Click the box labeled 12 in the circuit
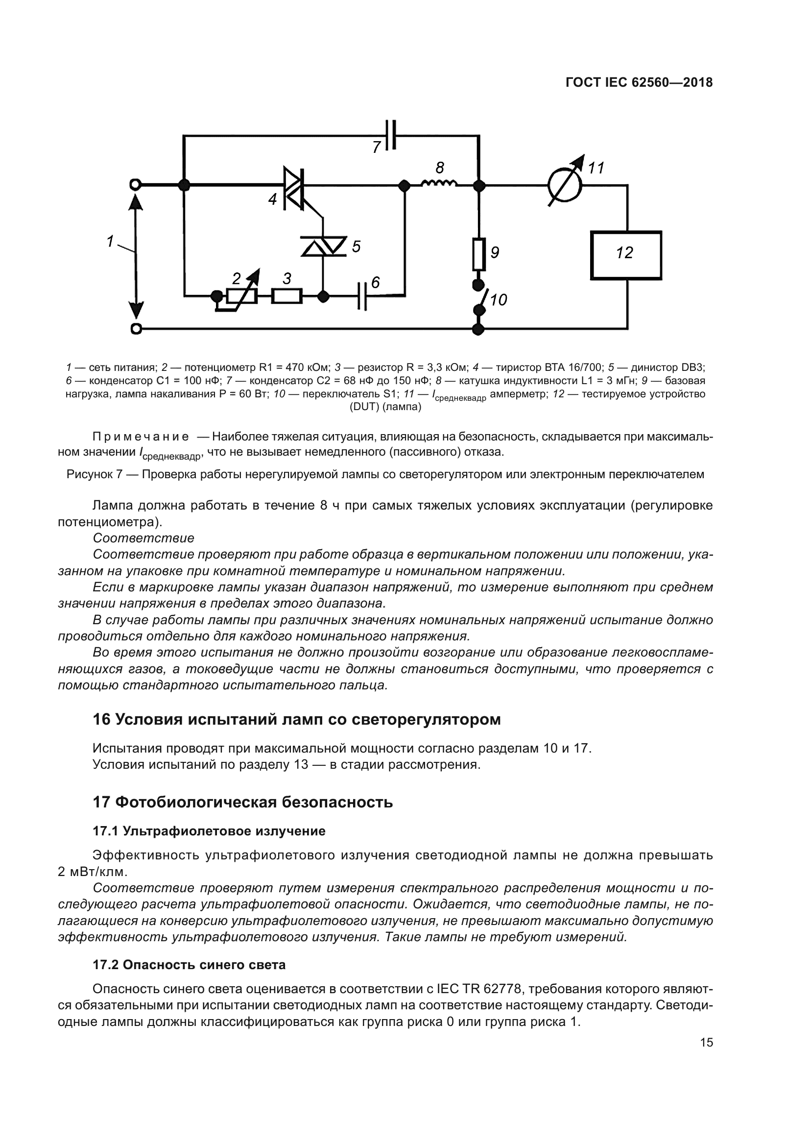coord(626,255)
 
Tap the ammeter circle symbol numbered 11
coord(565,186)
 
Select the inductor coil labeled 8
coord(439,184)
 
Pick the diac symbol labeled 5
coord(324,246)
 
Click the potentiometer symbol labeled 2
coord(242,296)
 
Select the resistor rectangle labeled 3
coord(287,296)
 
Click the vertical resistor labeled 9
coord(479,255)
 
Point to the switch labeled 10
coord(479,298)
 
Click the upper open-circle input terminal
coord(135,185)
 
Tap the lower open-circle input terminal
coord(135,329)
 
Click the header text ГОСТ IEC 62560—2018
coord(639,83)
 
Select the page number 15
coord(706,1042)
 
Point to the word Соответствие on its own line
coord(143,538)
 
